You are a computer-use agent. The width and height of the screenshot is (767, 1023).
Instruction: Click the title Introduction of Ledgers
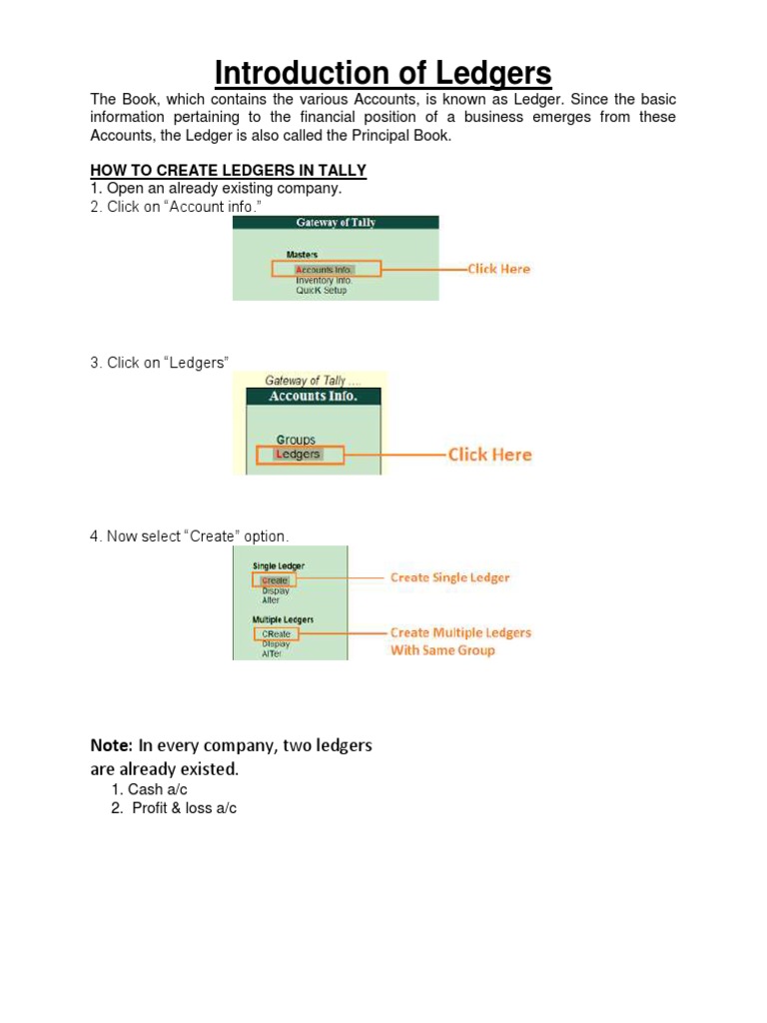(383, 73)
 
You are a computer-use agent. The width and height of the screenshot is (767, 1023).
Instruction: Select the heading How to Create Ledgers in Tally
(229, 171)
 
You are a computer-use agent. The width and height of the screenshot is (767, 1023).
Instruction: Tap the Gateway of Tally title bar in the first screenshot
(336, 223)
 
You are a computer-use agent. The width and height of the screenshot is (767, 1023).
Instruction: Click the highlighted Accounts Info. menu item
(324, 270)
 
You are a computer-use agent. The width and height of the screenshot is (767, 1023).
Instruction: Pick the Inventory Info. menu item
(324, 281)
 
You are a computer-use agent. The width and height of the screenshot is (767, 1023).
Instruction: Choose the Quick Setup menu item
(321, 291)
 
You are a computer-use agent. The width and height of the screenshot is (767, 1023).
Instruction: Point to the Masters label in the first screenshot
(302, 256)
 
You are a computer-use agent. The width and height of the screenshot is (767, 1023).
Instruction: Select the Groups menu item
(296, 440)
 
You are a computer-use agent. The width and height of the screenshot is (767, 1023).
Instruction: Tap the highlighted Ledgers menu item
(298, 455)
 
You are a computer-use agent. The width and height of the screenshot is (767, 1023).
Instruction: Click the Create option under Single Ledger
(275, 580)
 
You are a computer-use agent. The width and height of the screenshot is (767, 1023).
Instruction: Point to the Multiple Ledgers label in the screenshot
(283, 619)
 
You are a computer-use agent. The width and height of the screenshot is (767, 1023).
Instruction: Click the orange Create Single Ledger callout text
(449, 577)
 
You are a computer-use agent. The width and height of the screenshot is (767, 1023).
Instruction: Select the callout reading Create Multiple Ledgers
(460, 632)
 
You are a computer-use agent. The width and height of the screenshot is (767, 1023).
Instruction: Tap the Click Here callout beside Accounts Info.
(499, 269)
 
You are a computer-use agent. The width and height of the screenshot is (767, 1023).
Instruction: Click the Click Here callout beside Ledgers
(489, 455)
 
